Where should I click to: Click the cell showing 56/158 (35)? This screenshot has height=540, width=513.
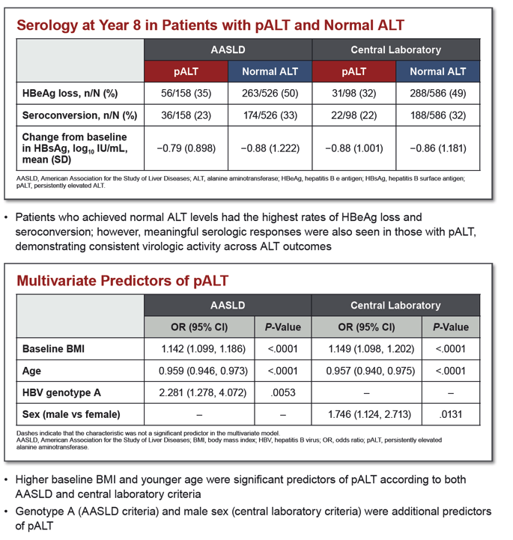tap(186, 94)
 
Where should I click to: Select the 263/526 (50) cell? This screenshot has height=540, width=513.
tap(270, 94)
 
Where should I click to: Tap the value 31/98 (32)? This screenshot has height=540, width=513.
tap(354, 94)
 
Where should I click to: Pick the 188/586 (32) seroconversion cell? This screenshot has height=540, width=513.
tap(438, 115)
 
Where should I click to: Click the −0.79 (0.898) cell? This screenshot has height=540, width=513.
tap(186, 148)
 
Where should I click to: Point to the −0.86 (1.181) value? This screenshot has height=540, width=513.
tap(438, 148)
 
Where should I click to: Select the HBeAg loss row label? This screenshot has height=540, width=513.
tap(70, 94)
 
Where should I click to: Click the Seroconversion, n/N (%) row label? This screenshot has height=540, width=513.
tap(79, 115)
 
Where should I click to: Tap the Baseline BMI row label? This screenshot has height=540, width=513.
tap(53, 349)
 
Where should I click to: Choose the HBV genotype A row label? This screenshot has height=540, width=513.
tap(61, 392)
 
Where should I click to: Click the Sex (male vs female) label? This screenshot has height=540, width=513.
tap(71, 414)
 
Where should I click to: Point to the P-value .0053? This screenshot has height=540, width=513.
tap(283, 392)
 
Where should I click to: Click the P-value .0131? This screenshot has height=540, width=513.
tap(451, 414)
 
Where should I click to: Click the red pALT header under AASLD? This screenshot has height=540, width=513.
tap(186, 71)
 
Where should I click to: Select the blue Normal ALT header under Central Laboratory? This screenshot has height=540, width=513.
tap(438, 71)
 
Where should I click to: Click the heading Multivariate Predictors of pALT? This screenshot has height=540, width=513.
tap(123, 281)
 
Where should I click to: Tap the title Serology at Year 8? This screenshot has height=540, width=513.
tap(79, 25)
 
